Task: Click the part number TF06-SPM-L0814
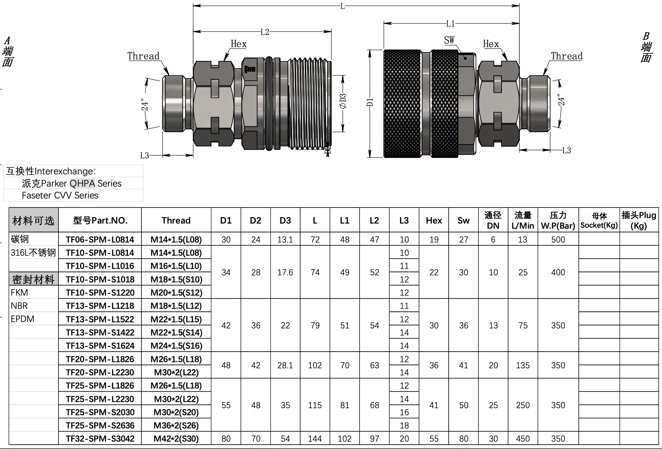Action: tap(100, 239)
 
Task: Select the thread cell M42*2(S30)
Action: tap(176, 439)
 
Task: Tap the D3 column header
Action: tap(285, 220)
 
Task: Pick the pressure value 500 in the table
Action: tap(558, 239)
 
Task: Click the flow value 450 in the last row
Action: tap(523, 439)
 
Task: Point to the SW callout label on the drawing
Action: tap(449, 40)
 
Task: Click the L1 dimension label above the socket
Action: tap(451, 23)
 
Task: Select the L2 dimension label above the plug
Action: tap(264, 32)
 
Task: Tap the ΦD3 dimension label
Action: tap(343, 101)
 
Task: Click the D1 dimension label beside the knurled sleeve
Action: tap(370, 102)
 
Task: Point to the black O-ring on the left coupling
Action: tap(269, 104)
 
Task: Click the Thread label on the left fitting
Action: tap(143, 56)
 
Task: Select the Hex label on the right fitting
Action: tap(491, 44)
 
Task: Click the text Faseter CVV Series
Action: tap(60, 195)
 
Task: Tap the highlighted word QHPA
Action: tap(82, 183)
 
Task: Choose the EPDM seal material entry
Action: tap(22, 319)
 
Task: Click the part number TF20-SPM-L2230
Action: tap(100, 372)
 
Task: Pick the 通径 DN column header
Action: tap(493, 220)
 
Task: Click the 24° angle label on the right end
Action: tap(561, 100)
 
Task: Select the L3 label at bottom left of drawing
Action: tap(144, 156)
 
